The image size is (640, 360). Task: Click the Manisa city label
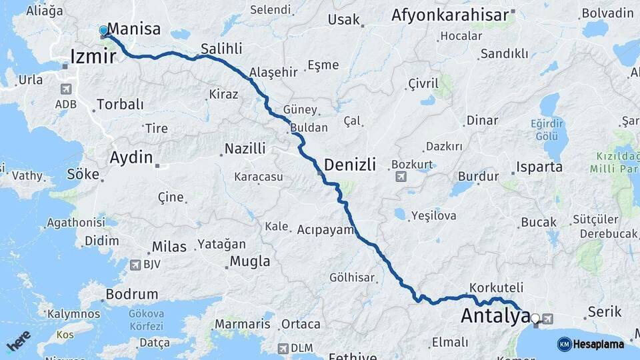click(133, 29)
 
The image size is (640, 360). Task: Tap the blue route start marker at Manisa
click(103, 31)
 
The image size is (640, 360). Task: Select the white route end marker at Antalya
click(535, 318)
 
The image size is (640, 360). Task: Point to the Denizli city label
click(350, 165)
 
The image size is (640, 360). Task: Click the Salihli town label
click(221, 48)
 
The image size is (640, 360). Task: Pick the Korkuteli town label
click(496, 288)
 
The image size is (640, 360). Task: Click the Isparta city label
click(539, 167)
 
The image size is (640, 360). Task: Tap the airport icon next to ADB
click(66, 89)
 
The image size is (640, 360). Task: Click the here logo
click(19, 341)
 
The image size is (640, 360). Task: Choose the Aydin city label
click(131, 158)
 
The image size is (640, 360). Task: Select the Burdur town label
click(478, 177)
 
